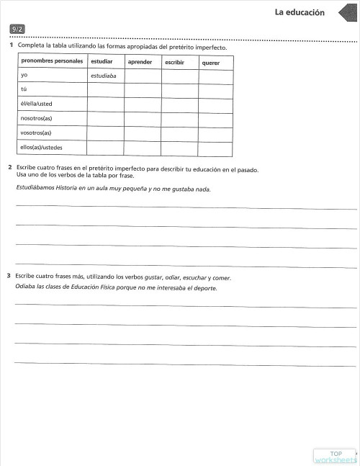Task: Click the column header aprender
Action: click(140, 62)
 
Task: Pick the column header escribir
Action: click(175, 63)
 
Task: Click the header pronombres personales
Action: click(52, 61)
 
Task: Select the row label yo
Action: click(24, 75)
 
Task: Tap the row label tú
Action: click(24, 89)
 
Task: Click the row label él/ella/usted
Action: click(37, 104)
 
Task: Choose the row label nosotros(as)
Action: click(36, 119)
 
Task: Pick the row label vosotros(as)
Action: click(36, 133)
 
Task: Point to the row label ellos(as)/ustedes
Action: click(42, 148)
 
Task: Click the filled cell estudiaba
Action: click(104, 75)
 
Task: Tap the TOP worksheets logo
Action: click(335, 456)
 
